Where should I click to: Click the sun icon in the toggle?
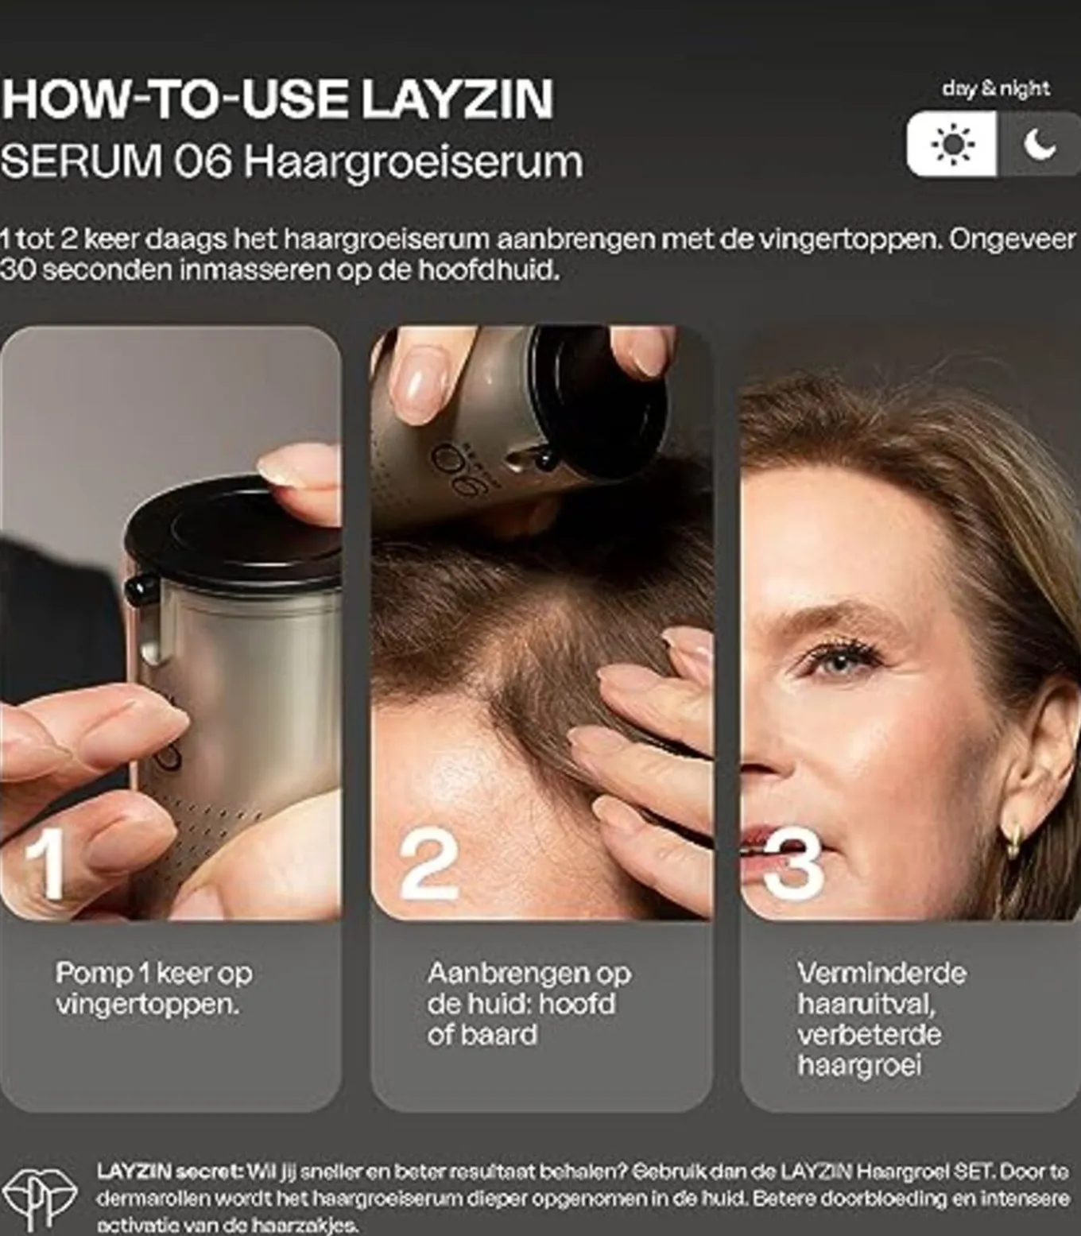(x=951, y=145)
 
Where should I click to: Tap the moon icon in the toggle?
(x=1040, y=145)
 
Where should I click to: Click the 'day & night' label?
(x=995, y=88)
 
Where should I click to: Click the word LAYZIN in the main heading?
(x=456, y=99)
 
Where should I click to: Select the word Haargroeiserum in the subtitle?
(x=413, y=161)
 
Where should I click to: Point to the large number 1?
(x=45, y=864)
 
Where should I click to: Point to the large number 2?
(x=429, y=864)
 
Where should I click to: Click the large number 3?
(x=792, y=864)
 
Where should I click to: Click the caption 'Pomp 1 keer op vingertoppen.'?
(x=153, y=988)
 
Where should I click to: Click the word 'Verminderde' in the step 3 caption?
(x=881, y=973)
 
